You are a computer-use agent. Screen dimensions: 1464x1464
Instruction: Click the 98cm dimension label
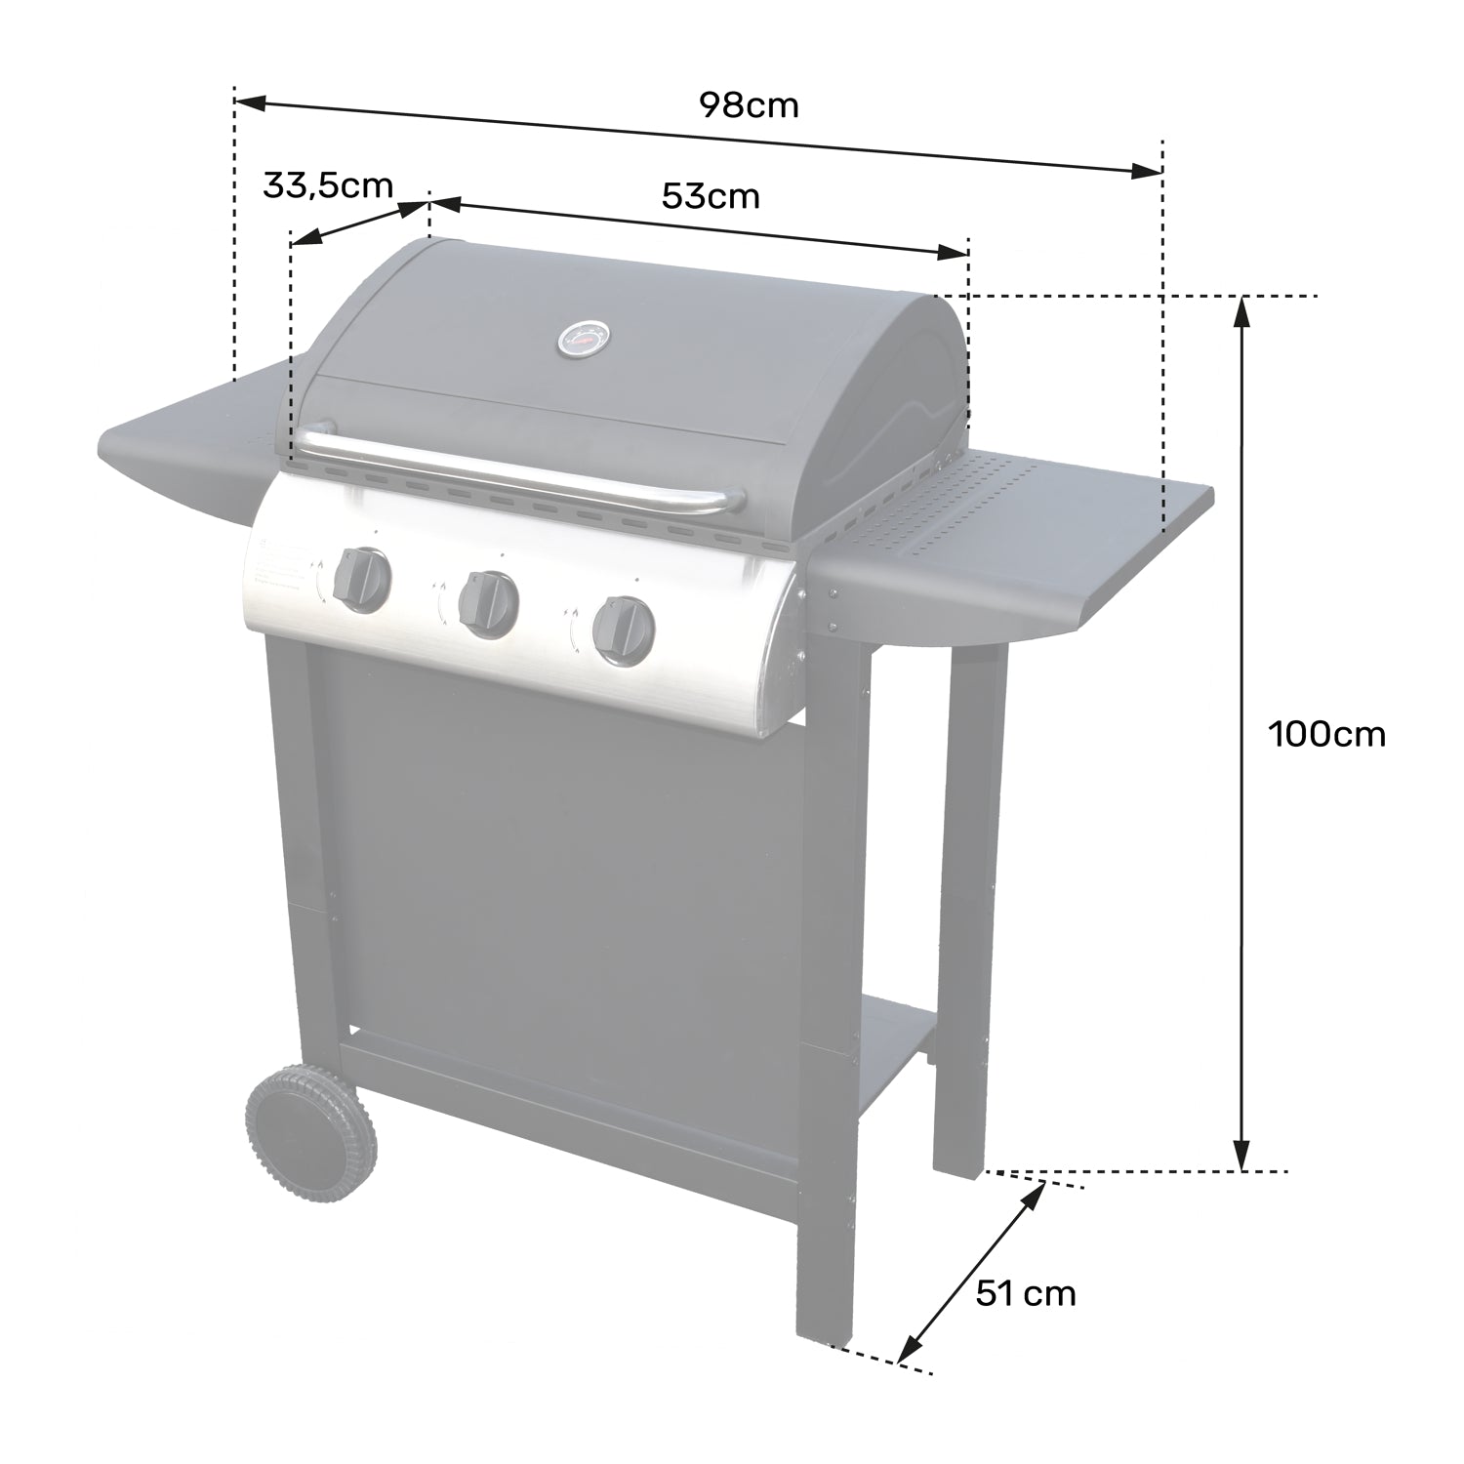(x=749, y=104)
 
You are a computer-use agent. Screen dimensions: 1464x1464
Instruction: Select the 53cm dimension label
(x=710, y=196)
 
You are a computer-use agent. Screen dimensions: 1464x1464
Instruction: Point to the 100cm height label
(x=1326, y=733)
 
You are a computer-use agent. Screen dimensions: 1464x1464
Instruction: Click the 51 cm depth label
(x=1025, y=1294)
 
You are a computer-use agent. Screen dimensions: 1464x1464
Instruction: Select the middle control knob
(x=490, y=604)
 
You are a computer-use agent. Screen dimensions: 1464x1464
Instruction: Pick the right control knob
(x=622, y=630)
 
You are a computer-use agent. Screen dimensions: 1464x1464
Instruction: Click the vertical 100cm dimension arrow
(x=1240, y=732)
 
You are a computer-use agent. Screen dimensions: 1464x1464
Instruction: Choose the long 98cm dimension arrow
(x=698, y=136)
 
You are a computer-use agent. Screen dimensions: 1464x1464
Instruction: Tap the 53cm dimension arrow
(x=698, y=227)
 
